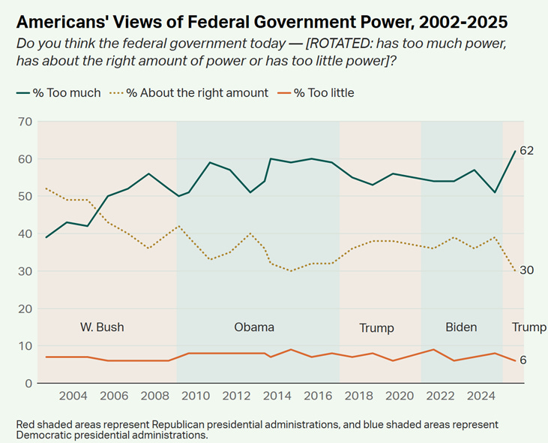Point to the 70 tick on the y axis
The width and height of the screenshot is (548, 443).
25,122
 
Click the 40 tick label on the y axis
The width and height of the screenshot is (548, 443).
25,234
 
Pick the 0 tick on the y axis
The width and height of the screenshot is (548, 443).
28,384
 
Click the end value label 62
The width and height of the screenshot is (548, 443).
526,151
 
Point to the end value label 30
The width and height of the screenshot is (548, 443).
526,270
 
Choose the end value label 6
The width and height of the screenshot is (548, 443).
523,360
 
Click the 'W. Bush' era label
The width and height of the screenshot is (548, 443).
102,327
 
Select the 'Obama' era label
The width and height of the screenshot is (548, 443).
254,327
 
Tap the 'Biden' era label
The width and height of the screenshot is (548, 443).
461,327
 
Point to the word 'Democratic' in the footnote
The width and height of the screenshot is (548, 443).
43,435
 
